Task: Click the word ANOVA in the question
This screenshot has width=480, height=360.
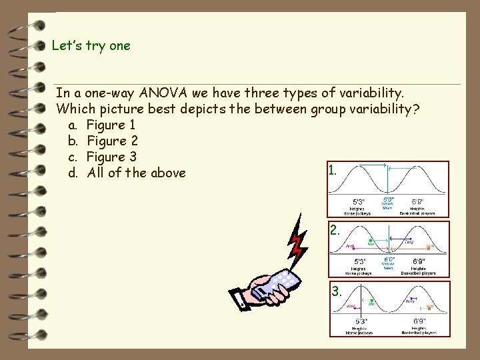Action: point(176,92)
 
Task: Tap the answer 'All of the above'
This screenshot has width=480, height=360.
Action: point(127,173)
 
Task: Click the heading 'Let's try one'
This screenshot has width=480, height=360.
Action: point(91,46)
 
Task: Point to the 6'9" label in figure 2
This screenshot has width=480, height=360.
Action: point(419,261)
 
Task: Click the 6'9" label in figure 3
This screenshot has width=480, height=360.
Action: point(419,321)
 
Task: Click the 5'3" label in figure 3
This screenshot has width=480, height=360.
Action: point(360,321)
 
